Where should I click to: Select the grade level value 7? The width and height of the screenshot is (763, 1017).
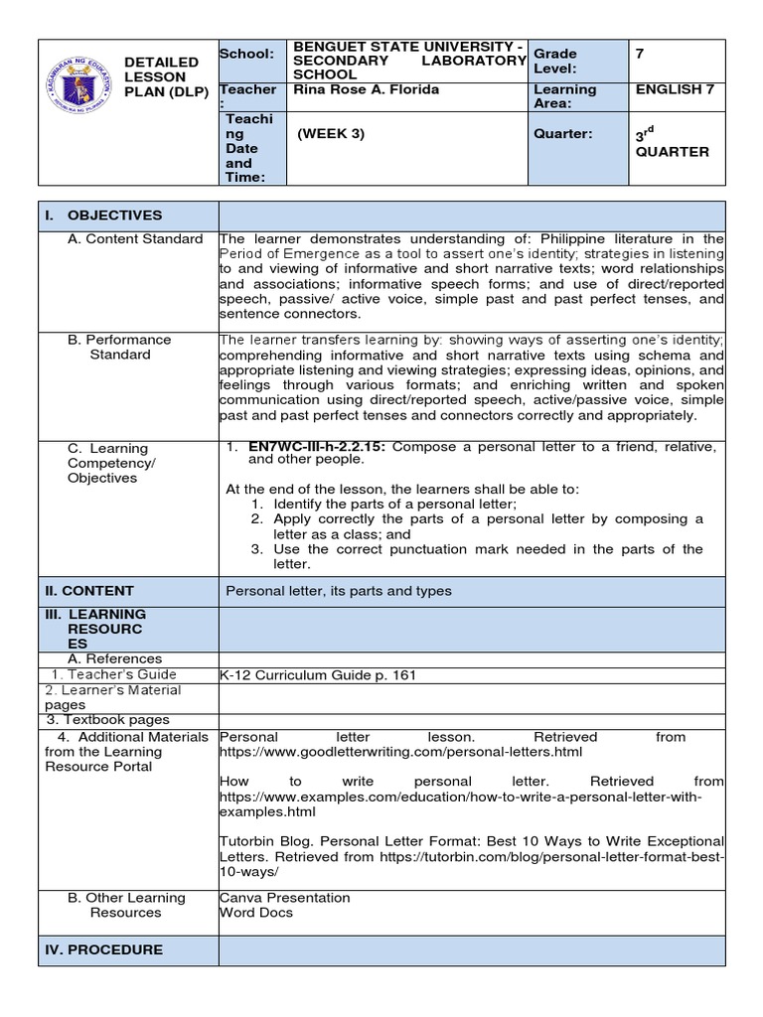pos(640,54)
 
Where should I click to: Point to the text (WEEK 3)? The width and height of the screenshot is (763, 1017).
pos(331,134)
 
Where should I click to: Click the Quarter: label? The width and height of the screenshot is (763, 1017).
pos(562,134)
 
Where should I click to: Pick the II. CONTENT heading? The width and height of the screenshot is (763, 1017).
pos(89,590)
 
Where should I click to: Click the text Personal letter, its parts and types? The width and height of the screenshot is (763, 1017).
pos(339,591)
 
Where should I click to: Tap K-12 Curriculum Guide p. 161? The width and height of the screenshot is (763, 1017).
pos(318,675)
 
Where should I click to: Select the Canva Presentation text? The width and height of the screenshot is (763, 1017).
pos(285,898)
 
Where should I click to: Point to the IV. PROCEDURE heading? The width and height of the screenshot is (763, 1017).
pos(103,949)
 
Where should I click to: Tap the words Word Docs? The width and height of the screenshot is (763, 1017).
pos(255,913)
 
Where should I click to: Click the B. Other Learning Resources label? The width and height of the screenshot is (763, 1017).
pos(126,905)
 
